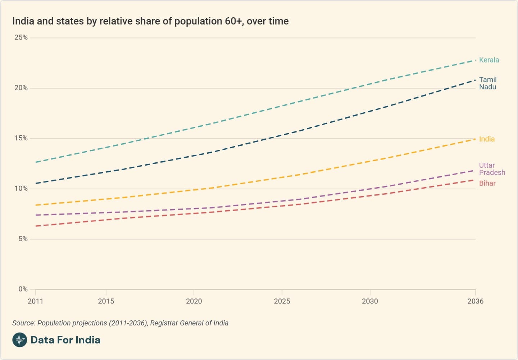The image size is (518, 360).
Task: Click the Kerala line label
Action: point(489,60)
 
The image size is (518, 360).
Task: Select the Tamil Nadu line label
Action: point(487,83)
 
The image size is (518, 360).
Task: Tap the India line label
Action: point(487,139)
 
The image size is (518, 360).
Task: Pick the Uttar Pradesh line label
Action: point(492,169)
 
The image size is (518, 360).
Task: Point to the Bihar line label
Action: point(487,183)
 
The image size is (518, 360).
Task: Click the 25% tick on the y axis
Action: point(21,37)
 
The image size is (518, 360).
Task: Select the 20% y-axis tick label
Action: point(21,88)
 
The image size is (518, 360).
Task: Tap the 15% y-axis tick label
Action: point(21,138)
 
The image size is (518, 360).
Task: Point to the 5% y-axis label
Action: point(23,239)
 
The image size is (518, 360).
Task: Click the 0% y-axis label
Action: point(23,289)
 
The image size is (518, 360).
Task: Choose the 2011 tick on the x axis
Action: point(35,301)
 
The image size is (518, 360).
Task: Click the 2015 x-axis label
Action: point(106,301)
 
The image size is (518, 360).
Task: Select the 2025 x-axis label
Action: point(282,301)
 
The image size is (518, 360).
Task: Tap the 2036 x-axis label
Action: point(475,301)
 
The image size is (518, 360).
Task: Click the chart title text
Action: point(150,21)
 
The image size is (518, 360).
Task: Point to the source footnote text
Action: point(120,323)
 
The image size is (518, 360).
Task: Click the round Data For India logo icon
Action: point(19,340)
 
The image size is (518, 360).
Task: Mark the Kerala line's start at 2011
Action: point(36,162)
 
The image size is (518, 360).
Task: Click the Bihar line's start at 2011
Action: point(36,226)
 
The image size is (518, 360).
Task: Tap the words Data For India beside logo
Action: point(65,340)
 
